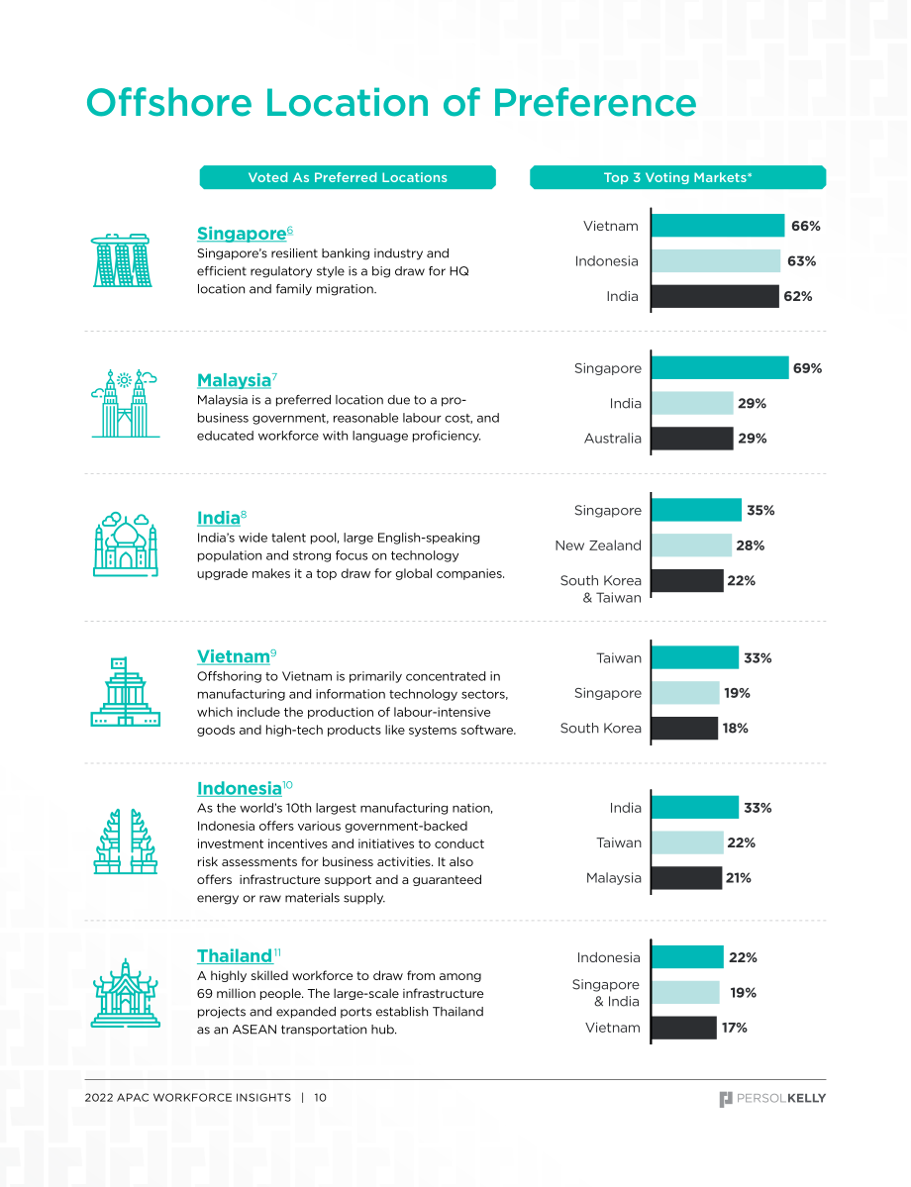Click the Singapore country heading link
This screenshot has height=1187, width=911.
242,234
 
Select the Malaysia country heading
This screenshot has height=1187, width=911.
234,380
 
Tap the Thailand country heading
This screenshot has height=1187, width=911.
235,955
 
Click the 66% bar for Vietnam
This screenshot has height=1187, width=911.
718,226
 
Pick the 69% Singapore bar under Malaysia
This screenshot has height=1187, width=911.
720,368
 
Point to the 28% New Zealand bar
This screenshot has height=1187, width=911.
691,545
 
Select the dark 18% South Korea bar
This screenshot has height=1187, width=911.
684,729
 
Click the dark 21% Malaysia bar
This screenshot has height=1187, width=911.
687,878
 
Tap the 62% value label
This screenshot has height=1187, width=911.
798,297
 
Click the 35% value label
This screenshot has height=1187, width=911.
761,510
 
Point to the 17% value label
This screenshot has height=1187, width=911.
735,1028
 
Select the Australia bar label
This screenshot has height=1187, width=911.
613,439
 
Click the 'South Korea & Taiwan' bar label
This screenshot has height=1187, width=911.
600,589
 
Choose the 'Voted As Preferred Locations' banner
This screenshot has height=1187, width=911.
348,177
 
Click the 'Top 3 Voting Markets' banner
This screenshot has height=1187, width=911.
677,177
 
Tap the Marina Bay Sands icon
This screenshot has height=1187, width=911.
122,260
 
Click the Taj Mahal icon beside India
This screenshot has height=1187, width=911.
126,544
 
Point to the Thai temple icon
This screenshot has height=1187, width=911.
126,993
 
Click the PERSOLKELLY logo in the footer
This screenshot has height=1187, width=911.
772,1099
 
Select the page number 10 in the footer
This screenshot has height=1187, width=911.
320,1098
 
